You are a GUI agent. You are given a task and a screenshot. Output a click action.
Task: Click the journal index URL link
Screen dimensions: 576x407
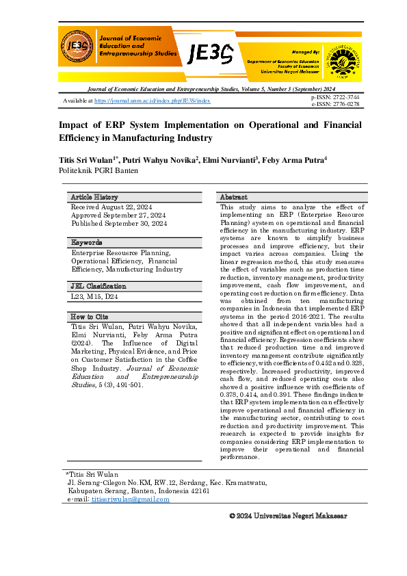click(152, 101)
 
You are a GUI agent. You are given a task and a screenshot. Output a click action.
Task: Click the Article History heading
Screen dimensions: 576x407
click(94, 197)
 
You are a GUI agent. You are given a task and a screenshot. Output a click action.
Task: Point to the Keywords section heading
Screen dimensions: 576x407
click(87, 242)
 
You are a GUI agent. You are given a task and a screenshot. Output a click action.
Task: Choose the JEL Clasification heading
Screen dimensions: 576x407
click(99, 286)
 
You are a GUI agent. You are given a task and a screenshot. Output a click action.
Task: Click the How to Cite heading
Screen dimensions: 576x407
click(90, 316)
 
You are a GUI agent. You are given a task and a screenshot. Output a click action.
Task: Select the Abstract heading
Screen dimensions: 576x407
click(233, 197)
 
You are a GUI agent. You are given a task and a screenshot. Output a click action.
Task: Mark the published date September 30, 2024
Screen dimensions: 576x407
click(119, 223)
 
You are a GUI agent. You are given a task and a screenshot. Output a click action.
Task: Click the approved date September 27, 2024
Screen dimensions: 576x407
click(119, 215)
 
